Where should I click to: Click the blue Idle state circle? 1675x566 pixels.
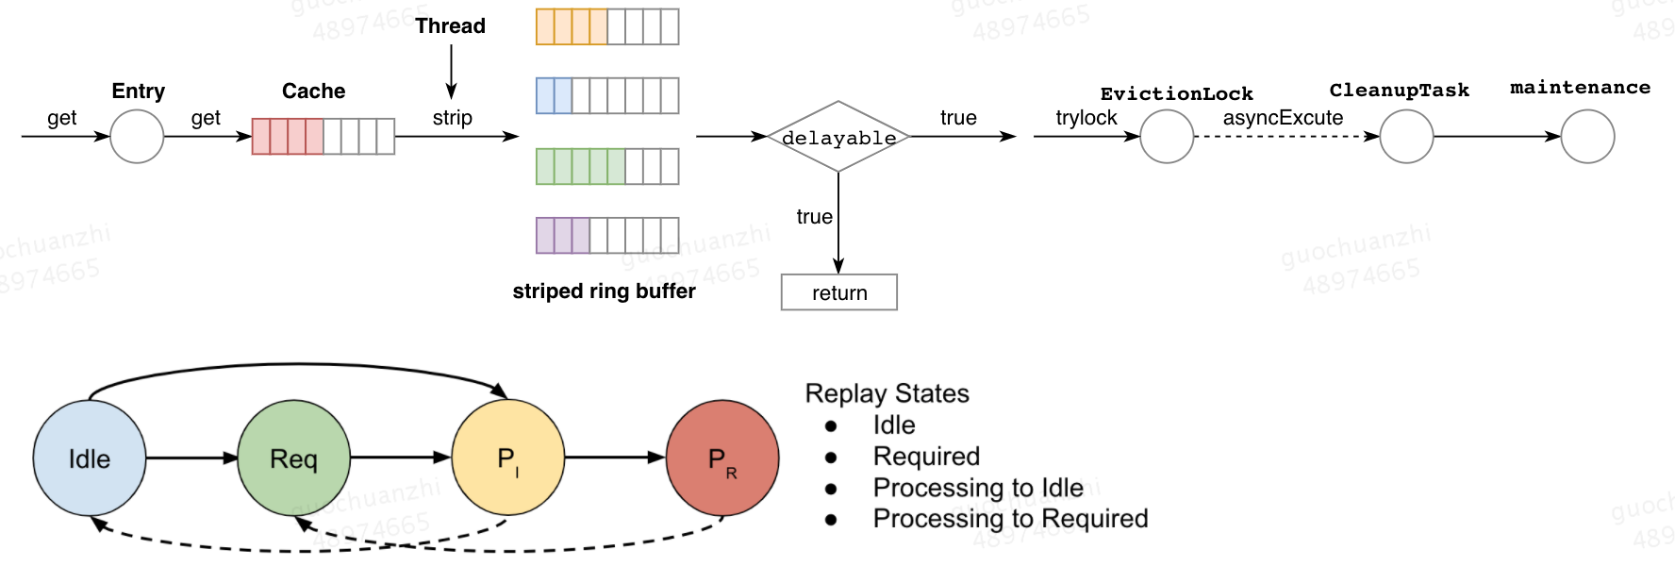click(x=90, y=458)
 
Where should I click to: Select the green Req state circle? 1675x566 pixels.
click(x=293, y=458)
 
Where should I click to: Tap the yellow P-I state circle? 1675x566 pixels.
click(x=508, y=458)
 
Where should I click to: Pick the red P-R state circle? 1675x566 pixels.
click(x=722, y=458)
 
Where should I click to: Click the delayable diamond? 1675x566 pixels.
click(x=838, y=137)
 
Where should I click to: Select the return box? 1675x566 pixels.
click(x=839, y=292)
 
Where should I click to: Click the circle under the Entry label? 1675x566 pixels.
click(x=137, y=137)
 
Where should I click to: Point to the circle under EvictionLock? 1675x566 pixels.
click(x=1167, y=137)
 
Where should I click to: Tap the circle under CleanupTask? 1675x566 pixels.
click(x=1406, y=137)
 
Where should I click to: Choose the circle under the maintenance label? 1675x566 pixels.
click(x=1587, y=137)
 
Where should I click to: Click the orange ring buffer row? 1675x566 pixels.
click(x=607, y=26)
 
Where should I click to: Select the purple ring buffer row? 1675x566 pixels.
click(x=607, y=236)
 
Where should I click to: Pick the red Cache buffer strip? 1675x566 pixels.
click(x=323, y=137)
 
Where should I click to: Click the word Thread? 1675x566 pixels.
click(x=451, y=26)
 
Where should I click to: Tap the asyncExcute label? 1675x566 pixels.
click(x=1283, y=118)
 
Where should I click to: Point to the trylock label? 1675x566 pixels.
click(x=1086, y=118)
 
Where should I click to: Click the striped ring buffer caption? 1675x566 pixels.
click(x=604, y=291)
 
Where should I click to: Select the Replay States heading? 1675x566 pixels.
click(x=887, y=393)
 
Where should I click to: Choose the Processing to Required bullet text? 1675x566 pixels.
click(x=1010, y=519)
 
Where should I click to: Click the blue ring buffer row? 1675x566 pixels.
click(x=607, y=96)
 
